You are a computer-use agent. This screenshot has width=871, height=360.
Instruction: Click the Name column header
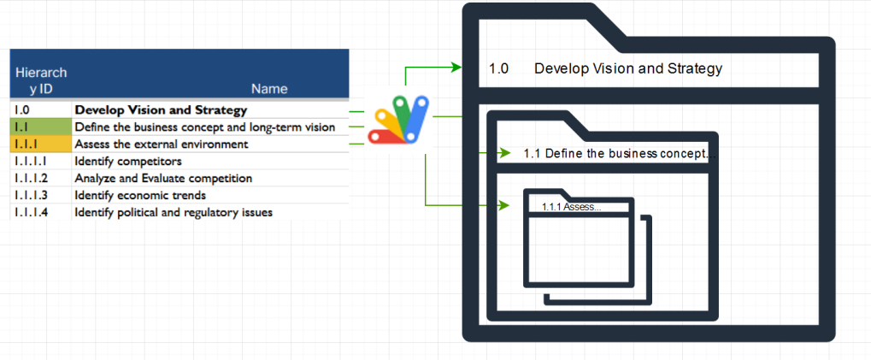[269, 89]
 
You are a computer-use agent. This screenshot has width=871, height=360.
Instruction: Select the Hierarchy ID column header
[41, 80]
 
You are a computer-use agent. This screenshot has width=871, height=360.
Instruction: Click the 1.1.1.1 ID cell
[30, 162]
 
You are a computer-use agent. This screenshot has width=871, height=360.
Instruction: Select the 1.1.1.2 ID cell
[31, 179]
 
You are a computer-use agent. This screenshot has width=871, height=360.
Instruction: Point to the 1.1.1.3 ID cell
[31, 196]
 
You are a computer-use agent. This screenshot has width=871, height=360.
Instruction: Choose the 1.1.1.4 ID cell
[31, 212]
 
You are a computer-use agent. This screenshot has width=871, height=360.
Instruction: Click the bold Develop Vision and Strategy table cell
[161, 110]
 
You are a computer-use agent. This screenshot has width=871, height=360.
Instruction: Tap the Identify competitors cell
[128, 162]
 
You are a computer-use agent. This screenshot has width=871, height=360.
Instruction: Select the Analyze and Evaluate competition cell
[163, 179]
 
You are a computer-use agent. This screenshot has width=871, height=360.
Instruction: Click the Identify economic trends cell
[139, 196]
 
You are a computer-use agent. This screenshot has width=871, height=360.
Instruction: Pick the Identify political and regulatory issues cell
[174, 212]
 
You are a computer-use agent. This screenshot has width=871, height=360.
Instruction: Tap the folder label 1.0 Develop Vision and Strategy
[605, 69]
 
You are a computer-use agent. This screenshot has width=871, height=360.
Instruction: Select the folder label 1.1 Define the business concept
[615, 154]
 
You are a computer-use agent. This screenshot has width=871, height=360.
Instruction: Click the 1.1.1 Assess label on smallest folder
[571, 207]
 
